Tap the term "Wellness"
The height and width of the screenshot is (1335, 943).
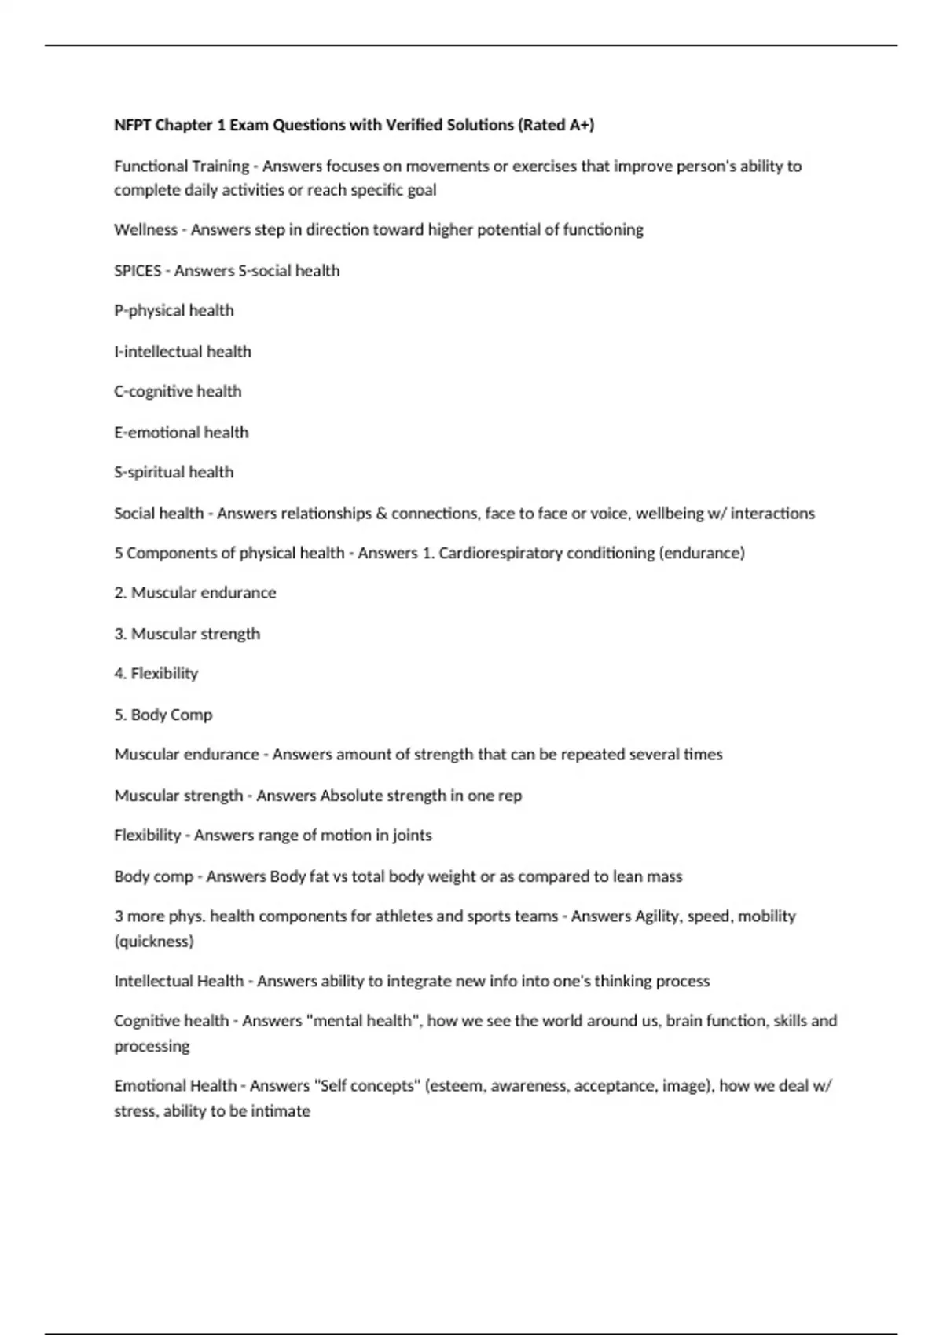pyautogui.click(x=145, y=229)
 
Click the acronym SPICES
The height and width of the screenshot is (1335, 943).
pyautogui.click(x=138, y=270)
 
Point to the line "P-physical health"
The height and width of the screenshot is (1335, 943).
pyautogui.click(x=174, y=310)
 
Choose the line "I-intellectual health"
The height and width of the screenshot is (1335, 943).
pyautogui.click(x=182, y=351)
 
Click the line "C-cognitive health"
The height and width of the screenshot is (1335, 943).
pyautogui.click(x=178, y=391)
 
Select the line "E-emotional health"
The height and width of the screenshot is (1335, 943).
pyautogui.click(x=181, y=432)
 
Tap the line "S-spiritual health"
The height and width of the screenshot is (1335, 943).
pyautogui.click(x=174, y=472)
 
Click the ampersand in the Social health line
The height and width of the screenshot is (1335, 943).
pyautogui.click(x=382, y=513)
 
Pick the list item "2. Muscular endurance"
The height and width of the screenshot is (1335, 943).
pyautogui.click(x=195, y=593)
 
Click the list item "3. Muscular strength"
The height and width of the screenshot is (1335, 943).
pyautogui.click(x=187, y=634)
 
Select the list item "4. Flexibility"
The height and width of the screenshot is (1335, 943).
pyautogui.click(x=156, y=674)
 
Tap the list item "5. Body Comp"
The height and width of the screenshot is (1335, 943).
pyautogui.click(x=163, y=715)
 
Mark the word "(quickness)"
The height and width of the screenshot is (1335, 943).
pyautogui.click(x=154, y=941)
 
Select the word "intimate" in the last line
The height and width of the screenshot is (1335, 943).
pyautogui.click(x=281, y=1111)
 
